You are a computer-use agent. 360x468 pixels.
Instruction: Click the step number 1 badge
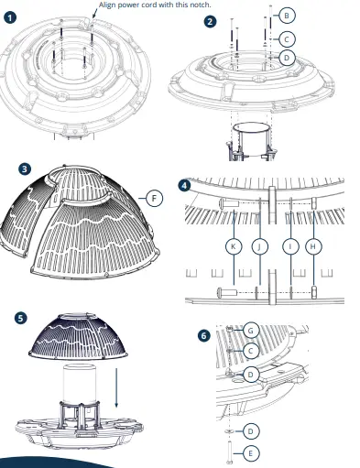coord(10,17)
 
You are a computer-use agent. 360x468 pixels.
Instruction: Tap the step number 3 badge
coord(25,169)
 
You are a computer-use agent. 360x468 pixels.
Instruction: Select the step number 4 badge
coord(184,185)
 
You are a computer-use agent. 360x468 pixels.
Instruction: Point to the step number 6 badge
coord(204,336)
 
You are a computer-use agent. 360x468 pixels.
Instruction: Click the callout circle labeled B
coord(287,16)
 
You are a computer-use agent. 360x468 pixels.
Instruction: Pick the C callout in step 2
coord(287,39)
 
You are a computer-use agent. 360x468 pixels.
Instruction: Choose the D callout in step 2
coord(287,58)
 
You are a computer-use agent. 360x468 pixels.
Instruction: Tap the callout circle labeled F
coord(154,199)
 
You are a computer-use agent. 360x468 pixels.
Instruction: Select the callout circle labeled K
coord(234,246)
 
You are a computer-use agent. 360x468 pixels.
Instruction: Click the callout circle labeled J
coord(260,246)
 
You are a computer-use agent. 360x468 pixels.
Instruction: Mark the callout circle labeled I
coord(290,246)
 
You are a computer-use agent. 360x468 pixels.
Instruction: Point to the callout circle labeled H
coord(313,246)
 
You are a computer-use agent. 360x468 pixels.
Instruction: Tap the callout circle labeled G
coord(251,331)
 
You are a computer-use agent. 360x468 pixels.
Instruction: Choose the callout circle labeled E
coord(251,453)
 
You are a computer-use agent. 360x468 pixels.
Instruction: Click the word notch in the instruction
coord(201,5)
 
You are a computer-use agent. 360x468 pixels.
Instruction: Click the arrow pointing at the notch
coord(94,14)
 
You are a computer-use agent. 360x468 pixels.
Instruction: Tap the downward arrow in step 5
coord(116,387)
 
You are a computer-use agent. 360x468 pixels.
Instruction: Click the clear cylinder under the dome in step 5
coord(80,382)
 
